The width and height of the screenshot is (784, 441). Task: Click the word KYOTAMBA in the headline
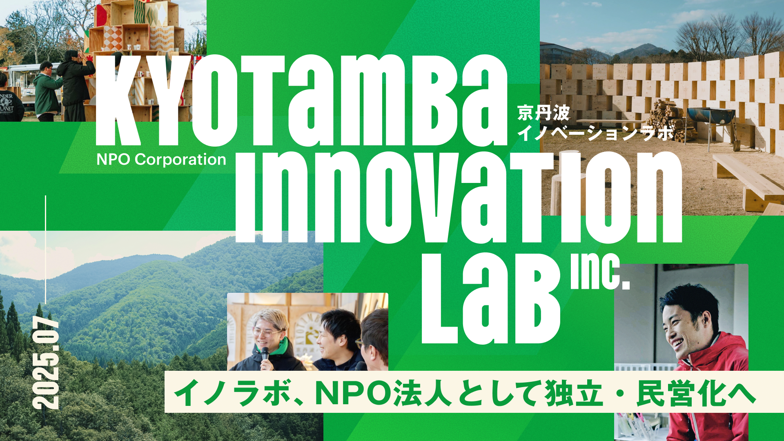[x=301, y=100]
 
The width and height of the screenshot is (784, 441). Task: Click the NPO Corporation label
[x=161, y=160]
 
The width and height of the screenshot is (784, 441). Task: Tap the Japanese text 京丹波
[x=543, y=114]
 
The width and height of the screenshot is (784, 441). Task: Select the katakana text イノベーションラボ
[x=596, y=134]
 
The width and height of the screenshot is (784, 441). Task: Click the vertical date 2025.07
[x=46, y=363]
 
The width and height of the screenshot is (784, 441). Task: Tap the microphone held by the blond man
[x=265, y=354]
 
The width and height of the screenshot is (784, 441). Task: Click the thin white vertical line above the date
[x=45, y=250]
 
